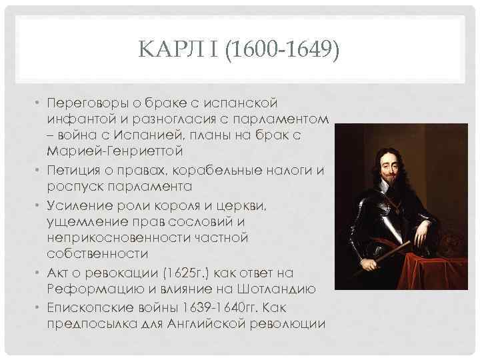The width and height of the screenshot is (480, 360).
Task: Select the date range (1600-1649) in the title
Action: coord(282,49)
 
